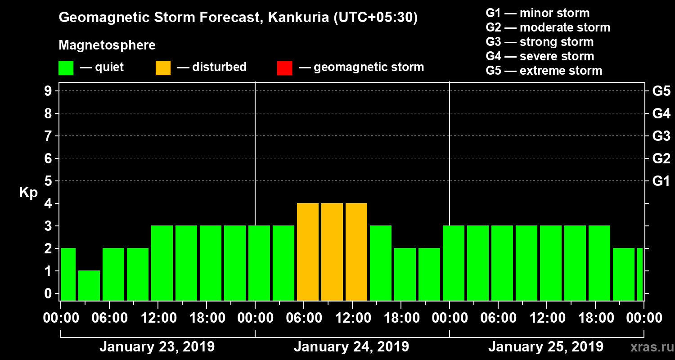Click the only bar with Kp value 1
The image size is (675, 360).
click(89, 285)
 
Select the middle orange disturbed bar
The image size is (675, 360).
click(332, 252)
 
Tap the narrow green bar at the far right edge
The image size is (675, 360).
click(640, 274)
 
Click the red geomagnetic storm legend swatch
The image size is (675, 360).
click(284, 68)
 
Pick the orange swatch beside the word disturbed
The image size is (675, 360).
click(163, 68)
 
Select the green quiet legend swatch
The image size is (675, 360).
click(66, 68)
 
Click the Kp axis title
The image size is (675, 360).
click(28, 193)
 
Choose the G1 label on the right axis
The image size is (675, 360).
click(661, 181)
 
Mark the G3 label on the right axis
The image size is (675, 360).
click(661, 136)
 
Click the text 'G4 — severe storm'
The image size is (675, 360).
click(540, 56)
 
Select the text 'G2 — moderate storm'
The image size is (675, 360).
click(548, 27)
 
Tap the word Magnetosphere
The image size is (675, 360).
click(107, 45)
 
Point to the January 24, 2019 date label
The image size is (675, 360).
click(351, 347)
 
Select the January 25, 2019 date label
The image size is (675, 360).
click(546, 347)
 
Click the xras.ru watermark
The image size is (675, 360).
click(650, 347)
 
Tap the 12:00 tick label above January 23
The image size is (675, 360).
click(158, 318)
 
